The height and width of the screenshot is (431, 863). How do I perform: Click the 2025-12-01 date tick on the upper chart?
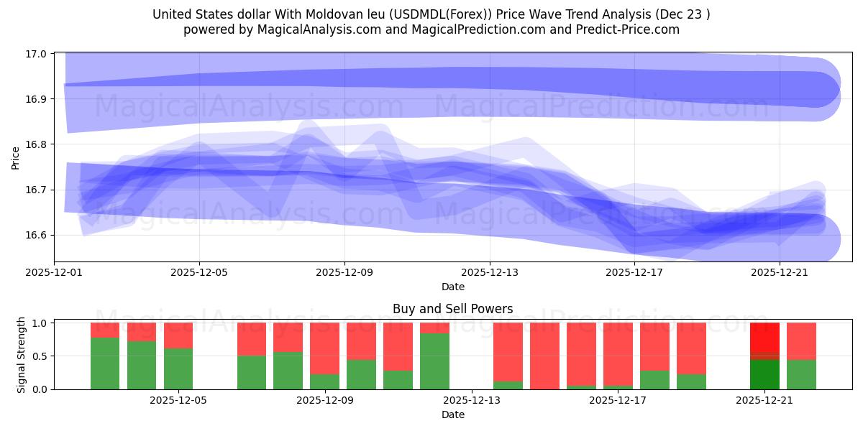[x=55, y=273]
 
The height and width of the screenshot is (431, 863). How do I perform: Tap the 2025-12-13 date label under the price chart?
[x=490, y=273]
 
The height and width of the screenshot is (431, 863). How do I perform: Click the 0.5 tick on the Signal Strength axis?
[x=40, y=356]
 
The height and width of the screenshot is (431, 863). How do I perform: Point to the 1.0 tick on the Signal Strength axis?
[x=40, y=323]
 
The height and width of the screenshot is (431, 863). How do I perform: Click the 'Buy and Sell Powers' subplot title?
[x=452, y=310]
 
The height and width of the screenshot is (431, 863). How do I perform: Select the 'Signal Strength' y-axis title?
[x=22, y=355]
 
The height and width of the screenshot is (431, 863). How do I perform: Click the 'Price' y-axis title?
[x=16, y=157]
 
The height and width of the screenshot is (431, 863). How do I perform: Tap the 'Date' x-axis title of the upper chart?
[x=452, y=287]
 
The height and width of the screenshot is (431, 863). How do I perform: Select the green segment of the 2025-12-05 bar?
[x=178, y=369]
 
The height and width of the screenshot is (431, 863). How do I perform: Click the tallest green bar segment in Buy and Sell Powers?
[x=434, y=361]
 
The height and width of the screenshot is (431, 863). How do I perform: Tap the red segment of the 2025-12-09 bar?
[x=324, y=348]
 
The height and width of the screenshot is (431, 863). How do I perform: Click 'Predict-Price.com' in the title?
[x=630, y=29]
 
